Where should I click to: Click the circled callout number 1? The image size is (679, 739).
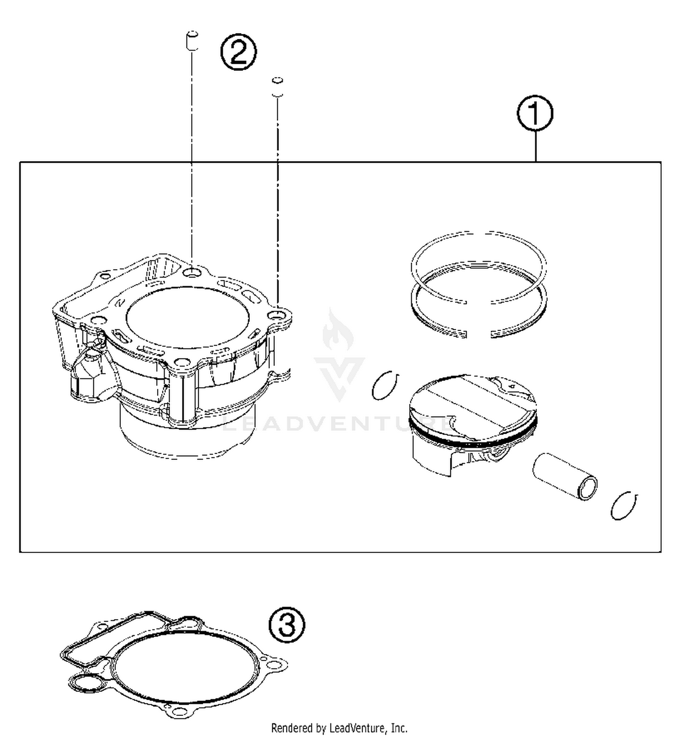(535, 113)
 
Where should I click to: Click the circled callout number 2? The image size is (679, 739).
(239, 52)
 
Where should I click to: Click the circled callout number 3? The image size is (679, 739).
(287, 625)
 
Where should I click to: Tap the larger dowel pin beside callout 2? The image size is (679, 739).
(192, 41)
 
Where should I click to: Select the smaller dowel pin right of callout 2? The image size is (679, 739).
(277, 87)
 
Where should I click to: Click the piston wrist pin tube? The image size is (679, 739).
(564, 476)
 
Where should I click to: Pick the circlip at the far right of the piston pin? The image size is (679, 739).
(624, 505)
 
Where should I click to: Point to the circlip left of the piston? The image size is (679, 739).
(385, 385)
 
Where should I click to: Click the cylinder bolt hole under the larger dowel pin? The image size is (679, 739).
(193, 272)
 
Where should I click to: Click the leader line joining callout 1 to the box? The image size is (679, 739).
(536, 146)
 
